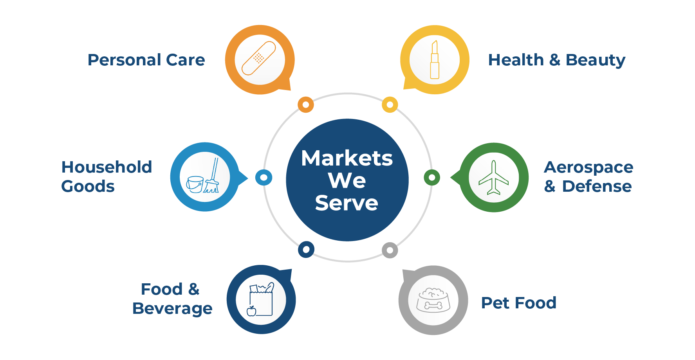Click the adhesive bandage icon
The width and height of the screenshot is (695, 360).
[259, 58]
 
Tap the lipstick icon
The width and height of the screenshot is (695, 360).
[434, 59]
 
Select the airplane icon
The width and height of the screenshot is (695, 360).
[494, 177]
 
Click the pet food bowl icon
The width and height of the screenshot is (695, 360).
[433, 301]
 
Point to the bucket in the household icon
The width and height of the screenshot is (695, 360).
[195, 184]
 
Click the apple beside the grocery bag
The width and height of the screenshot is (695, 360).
[251, 311]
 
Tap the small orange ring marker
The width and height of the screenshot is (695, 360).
[306, 104]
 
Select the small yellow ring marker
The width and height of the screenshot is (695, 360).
[390, 104]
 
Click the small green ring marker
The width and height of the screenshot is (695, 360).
[432, 178]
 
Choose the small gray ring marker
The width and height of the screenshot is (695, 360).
[390, 250]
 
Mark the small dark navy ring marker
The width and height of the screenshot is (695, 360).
[306, 249]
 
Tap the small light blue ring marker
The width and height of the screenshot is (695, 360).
[264, 178]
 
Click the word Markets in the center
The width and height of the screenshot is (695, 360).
[347, 158]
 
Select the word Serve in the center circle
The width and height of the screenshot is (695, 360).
[347, 203]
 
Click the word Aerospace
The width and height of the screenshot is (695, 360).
[588, 168]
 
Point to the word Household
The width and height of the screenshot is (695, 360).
[107, 167]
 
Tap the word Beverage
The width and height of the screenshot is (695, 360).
[172, 309]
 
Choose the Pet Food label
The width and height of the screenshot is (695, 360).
[518, 303]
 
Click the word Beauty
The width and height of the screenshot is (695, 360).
[596, 61]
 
